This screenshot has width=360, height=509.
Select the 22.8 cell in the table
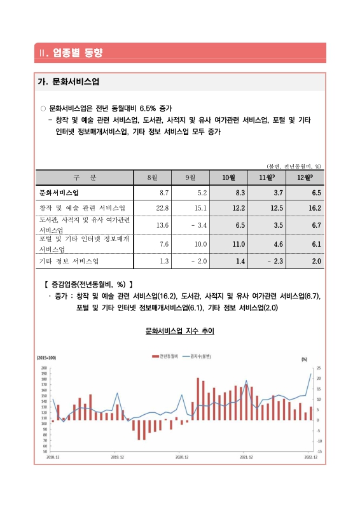click(162, 208)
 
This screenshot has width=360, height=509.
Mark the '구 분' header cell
click(84, 177)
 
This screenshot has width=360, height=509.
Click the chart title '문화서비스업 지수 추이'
click(180, 331)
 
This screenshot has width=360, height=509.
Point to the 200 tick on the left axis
click(44, 368)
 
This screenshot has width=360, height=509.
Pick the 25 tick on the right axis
click(318, 368)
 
